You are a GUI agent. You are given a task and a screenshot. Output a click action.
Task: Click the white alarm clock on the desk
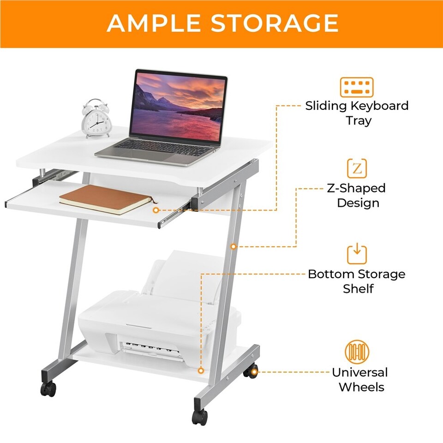coord(97,119)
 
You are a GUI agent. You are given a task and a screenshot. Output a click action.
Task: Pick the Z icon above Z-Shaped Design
coord(357,169)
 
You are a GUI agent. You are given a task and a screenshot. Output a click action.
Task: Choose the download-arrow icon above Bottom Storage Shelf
coord(357,254)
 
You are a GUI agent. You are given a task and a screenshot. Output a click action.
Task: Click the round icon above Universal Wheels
coord(357,352)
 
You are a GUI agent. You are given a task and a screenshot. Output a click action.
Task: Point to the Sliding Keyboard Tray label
coord(357,113)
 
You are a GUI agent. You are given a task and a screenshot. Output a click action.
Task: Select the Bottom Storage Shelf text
coord(357,281)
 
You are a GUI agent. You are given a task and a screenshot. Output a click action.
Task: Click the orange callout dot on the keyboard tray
coord(156,210)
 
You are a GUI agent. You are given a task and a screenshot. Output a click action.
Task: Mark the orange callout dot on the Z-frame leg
coord(233,246)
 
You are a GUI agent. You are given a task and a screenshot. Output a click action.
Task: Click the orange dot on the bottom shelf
coord(201,371)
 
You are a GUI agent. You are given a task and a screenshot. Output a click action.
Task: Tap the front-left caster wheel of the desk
coord(48,389)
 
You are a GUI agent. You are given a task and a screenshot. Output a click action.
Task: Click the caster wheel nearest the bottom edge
coord(200,417)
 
